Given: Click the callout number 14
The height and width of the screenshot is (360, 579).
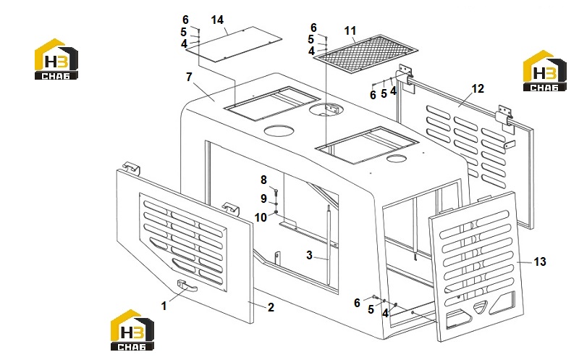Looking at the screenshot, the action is click(217, 20).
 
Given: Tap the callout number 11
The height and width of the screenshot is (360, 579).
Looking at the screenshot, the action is click(350, 30).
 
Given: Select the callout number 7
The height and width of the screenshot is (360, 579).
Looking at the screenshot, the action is click(189, 77).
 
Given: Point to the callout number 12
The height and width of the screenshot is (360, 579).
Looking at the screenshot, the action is click(478, 88).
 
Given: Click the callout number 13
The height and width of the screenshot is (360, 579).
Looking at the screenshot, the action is click(540, 261).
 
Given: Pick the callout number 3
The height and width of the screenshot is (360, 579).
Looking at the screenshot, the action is click(310, 255).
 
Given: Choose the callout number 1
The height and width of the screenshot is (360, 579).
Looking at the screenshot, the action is click(164, 306).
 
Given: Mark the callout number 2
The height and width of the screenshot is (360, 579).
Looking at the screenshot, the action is click(271, 307).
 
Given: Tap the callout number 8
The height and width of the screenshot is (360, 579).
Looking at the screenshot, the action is click(263, 180).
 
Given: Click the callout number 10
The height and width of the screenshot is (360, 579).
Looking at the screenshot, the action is click(261, 217).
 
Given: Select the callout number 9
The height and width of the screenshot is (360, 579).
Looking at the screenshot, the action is click(263, 199).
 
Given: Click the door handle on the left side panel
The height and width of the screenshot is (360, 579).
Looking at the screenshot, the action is click(187, 285).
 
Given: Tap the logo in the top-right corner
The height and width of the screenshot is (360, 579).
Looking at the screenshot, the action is click(545, 70).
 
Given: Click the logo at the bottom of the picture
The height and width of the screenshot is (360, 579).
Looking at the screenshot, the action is click(132, 330).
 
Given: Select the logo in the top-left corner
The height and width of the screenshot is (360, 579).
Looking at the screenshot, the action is click(56, 59).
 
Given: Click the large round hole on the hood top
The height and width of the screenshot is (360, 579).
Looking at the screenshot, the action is click(279, 131).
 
